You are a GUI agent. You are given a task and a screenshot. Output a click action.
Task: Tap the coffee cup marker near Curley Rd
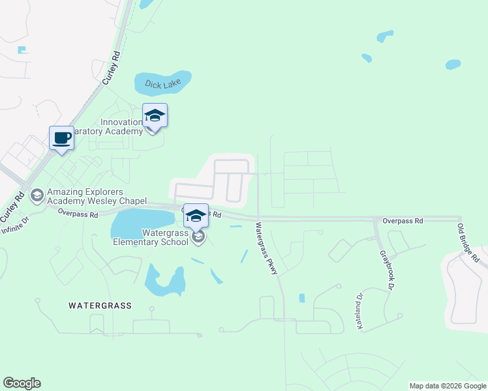(61, 138)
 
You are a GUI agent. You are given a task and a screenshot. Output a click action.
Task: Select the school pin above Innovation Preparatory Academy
(155, 116)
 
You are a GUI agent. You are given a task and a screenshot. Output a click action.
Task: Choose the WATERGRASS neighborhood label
(100, 305)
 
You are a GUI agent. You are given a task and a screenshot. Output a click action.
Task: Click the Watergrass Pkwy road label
(267, 249)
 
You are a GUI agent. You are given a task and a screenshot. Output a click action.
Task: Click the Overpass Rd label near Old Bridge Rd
(403, 221)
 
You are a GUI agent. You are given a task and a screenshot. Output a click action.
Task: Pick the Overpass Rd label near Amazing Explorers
(78, 212)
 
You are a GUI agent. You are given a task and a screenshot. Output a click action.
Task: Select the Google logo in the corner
(22, 383)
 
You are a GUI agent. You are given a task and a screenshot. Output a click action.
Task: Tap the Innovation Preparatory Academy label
(121, 126)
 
